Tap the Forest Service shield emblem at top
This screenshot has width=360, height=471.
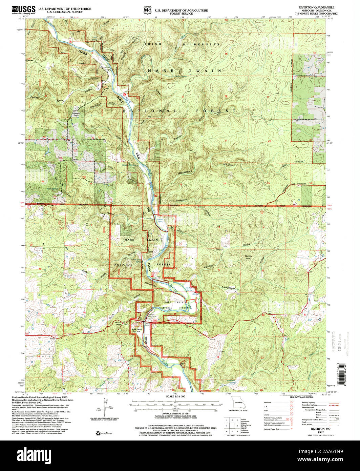(147, 11)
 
